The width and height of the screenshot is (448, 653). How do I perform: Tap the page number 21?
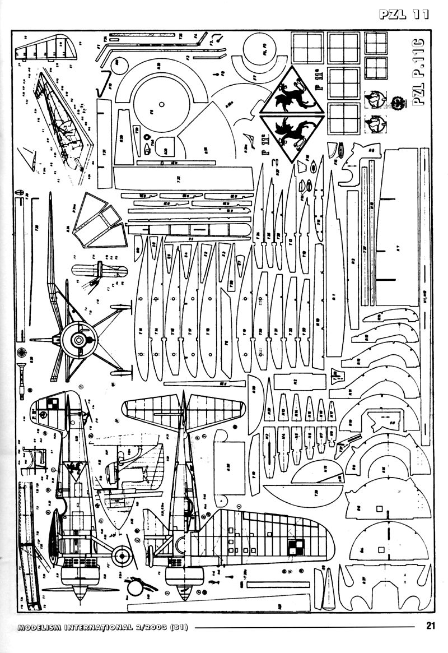pyautogui.click(x=430, y=626)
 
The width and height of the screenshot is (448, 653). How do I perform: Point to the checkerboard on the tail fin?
pyautogui.click(x=52, y=405)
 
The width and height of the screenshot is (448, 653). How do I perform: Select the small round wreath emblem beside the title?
pyautogui.click(x=399, y=102)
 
